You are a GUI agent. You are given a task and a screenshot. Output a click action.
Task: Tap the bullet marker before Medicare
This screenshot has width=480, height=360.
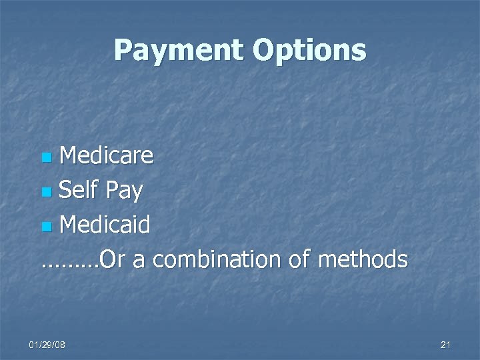[x=46, y=159]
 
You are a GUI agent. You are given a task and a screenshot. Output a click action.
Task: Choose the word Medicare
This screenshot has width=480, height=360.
[x=106, y=156]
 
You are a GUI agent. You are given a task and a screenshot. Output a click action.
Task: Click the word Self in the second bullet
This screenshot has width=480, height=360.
[x=79, y=191]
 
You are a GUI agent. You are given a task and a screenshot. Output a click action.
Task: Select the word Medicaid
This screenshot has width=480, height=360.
[x=105, y=225]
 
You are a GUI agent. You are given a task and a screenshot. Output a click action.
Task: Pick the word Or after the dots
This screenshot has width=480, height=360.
[x=112, y=259]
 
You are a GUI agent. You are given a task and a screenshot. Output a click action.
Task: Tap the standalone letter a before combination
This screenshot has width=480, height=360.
[x=139, y=261]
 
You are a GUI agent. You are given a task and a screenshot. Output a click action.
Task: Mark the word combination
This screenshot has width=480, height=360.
[x=217, y=259]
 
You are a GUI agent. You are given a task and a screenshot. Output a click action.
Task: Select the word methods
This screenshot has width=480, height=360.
[x=363, y=259]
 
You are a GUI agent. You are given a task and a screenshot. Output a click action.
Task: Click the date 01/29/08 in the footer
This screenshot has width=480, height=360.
[x=47, y=344]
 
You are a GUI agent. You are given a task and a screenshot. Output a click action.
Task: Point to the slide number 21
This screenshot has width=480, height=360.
[x=446, y=344]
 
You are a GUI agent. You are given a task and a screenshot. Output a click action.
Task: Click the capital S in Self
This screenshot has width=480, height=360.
[x=65, y=191]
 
